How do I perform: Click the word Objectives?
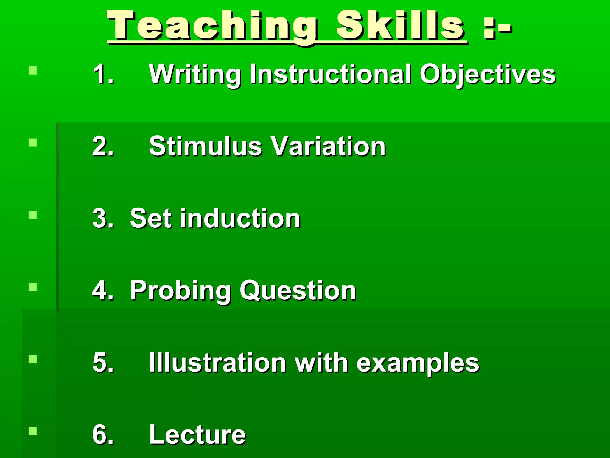click(x=487, y=75)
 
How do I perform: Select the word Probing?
click(x=180, y=291)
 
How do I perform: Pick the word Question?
click(x=298, y=291)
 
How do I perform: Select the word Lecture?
click(x=197, y=434)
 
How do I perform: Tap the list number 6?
click(x=103, y=434)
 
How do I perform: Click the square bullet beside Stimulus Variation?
click(x=33, y=143)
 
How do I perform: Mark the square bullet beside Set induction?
click(x=33, y=215)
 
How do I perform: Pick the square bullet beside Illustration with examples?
click(x=33, y=359)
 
